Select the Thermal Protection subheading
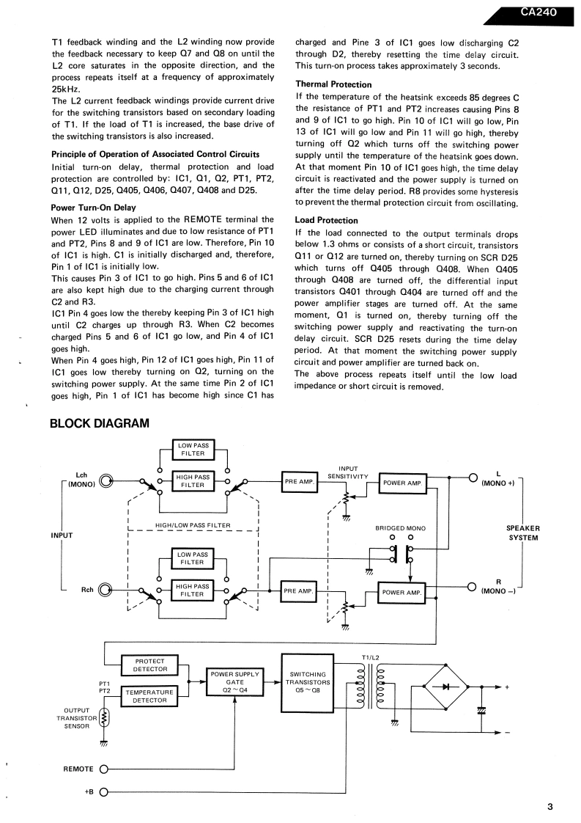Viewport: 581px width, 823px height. (333, 84)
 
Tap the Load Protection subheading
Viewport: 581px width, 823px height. (326, 220)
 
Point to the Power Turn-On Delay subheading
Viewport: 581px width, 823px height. (94, 208)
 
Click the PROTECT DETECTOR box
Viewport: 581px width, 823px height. (150, 665)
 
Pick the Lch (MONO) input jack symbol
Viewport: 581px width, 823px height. (107, 482)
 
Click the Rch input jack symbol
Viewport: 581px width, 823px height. (107, 590)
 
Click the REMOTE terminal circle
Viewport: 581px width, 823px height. (103, 769)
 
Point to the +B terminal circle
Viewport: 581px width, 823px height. (103, 792)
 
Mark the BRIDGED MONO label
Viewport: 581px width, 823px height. (400, 528)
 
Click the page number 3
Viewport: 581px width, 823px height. (549, 808)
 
